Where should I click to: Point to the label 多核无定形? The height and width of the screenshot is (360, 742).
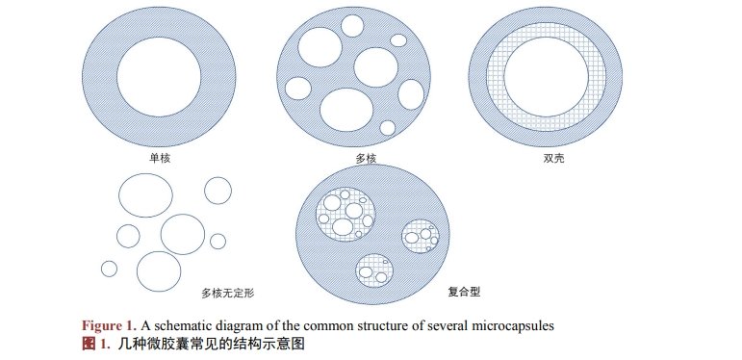227,291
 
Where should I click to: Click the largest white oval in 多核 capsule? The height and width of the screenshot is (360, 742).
346,108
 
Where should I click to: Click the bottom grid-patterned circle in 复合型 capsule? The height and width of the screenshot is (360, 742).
375,270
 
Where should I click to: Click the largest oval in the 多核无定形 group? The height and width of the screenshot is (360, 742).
143,195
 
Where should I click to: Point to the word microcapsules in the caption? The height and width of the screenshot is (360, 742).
508,325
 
